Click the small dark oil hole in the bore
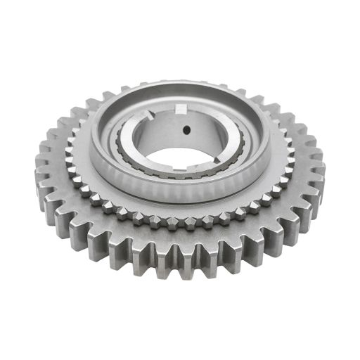(x=186, y=129)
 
